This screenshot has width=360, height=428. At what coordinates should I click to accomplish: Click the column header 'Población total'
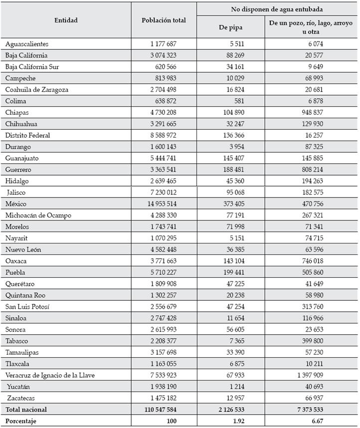coord(164,20)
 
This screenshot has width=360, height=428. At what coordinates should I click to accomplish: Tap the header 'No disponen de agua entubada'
coord(277,9)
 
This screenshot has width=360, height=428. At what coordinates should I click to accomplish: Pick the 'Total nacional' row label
coord(26,410)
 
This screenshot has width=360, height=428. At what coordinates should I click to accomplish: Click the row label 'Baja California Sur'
coord(32,67)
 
